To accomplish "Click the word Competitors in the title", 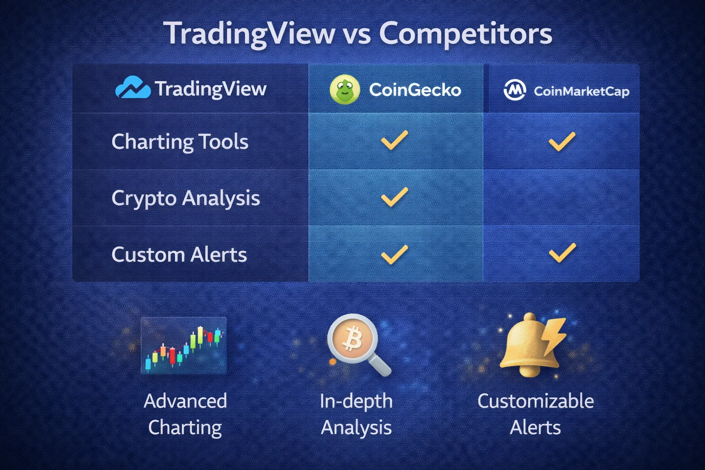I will pos(465,34).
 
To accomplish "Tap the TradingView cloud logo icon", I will pos(132,88).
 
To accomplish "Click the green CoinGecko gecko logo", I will pos(345,89).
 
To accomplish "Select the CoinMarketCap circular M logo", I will pos(515,90).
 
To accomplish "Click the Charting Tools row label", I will pos(180,141).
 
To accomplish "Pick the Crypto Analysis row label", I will pos(185,198).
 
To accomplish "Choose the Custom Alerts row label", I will pos(179,255).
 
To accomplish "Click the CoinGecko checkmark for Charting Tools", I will pos(394,140).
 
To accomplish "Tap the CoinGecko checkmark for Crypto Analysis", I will pos(394,197).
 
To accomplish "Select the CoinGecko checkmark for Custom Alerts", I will pos(394,254).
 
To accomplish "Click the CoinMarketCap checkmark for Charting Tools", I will pos(562,141).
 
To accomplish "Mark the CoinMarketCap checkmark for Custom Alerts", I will pos(562,253).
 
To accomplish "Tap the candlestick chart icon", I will pos(184,345).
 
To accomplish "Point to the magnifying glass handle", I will pos(380,366).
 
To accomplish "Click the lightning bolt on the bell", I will pos(554,335).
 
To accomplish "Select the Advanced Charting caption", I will pos(185,414).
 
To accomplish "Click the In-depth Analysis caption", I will pos(356,414).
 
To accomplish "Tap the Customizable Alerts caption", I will pos(536,414).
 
